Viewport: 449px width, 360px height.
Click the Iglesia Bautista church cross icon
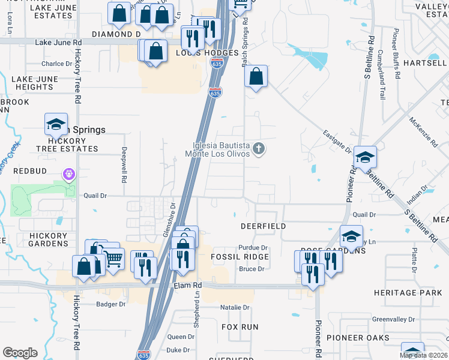pos(259,148)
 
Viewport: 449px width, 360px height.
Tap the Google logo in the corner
pos(20,353)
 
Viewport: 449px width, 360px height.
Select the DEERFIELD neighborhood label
pos(263,226)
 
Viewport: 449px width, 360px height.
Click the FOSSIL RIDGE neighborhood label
pos(240,257)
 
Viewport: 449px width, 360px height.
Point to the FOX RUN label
pos(240,327)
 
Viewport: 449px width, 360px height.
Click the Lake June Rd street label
pos(58,43)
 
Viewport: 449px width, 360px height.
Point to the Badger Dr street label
pos(111,304)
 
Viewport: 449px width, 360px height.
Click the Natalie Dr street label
pos(234,307)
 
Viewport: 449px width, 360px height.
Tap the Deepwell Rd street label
pos(124,165)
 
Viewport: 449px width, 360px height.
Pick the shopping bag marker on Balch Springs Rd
pos(256,77)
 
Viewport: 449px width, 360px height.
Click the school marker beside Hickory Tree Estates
pos(56,125)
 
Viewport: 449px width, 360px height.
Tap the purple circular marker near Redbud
pos(68,175)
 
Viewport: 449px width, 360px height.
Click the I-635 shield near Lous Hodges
pos(214,92)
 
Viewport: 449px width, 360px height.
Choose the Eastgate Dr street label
pos(336,142)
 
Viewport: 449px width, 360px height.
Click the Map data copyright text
pos(423,355)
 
